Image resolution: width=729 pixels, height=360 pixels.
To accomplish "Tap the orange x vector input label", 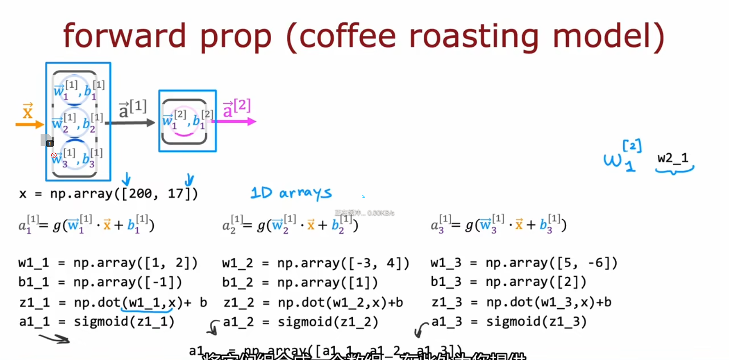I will pos(28,111).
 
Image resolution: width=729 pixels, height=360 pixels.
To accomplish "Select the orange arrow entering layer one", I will pos(29,125).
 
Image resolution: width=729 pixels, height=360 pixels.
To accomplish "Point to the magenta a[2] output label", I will pos(236,108).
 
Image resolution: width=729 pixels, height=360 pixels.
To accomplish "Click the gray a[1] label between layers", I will pos(133,108).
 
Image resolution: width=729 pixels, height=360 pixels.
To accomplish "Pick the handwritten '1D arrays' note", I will pos(291,193).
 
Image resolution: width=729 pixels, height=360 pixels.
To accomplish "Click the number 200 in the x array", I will pos(140,193).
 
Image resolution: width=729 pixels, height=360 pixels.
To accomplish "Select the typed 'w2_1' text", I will pos(672,158).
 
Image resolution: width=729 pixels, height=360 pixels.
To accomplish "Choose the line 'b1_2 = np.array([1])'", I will pos(300,282).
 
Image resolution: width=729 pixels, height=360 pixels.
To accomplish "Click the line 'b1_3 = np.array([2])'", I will pos(508,282).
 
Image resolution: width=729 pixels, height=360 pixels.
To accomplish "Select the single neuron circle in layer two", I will pos(184,121).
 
